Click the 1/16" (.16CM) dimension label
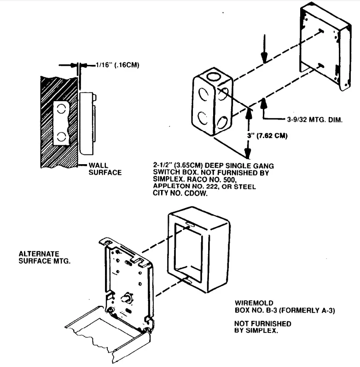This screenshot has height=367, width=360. click(x=117, y=65)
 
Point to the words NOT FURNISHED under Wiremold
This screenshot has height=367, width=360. click(x=263, y=324)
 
